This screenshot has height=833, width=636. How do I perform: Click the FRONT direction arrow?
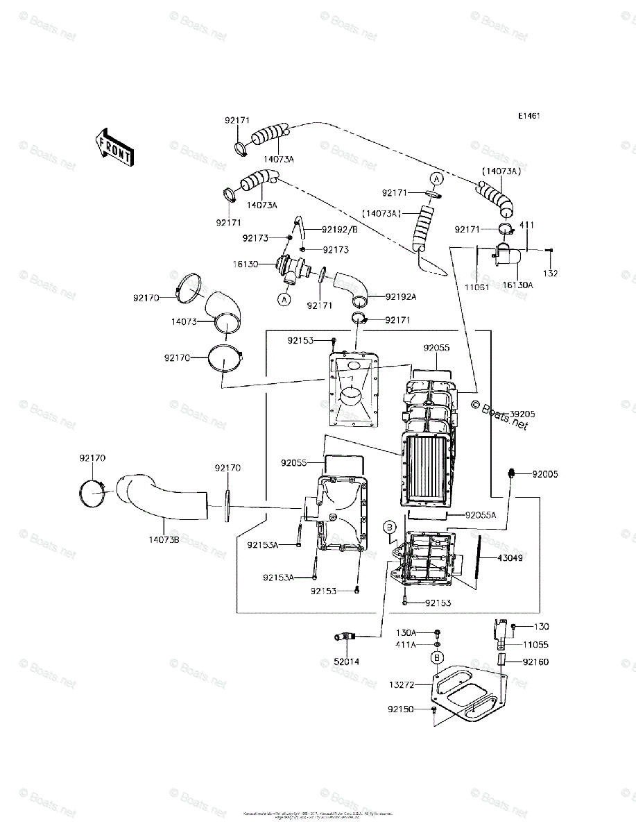[114, 146]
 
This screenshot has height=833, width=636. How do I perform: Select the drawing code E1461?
[528, 116]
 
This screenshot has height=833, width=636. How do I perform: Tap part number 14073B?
[164, 539]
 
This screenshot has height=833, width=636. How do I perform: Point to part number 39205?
[522, 413]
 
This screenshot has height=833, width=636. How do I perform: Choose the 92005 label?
[545, 475]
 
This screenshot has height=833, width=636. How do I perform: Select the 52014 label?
[347, 662]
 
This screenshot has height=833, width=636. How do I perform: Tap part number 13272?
[402, 684]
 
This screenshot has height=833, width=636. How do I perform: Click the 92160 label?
[535, 662]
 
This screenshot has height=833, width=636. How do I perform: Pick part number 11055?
[535, 644]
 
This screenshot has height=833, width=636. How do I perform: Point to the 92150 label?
[402, 709]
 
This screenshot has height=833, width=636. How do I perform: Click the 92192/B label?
[340, 229]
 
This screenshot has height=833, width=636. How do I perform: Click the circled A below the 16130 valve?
[284, 300]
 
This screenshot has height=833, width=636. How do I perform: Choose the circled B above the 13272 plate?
[437, 657]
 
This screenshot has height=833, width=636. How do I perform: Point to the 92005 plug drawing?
[511, 473]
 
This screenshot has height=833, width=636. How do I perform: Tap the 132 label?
[549, 274]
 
